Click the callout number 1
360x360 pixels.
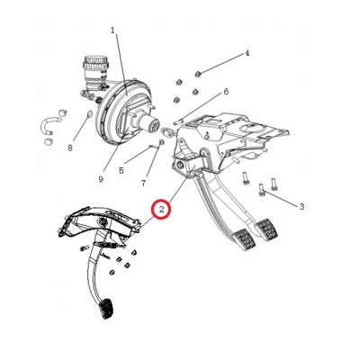point(112,31)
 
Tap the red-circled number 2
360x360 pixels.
point(161,210)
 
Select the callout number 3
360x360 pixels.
point(301,206)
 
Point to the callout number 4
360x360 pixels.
point(247,54)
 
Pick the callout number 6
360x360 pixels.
point(226,92)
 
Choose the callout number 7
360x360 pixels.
point(142,184)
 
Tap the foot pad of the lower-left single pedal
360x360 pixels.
point(107,310)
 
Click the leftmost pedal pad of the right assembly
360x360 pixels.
point(245,240)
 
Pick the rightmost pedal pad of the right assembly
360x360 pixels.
point(268,229)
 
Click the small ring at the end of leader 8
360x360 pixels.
point(89,114)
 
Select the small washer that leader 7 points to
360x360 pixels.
point(161,141)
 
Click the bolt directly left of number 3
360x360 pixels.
point(262,190)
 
